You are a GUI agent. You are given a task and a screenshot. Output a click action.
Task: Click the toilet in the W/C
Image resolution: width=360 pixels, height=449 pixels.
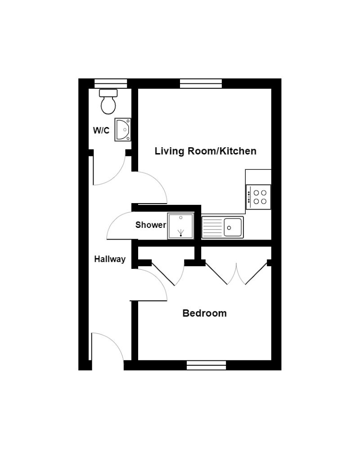pos(108,101)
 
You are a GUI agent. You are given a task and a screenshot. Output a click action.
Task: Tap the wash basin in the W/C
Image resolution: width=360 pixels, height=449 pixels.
pos(123,130)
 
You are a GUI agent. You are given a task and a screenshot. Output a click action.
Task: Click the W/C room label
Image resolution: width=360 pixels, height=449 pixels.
pos(101,131)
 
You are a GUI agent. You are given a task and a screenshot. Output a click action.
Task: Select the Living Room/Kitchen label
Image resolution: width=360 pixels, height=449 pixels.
pos(205,151)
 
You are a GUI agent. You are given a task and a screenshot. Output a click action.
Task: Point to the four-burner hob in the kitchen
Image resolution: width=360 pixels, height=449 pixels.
pos(259,197)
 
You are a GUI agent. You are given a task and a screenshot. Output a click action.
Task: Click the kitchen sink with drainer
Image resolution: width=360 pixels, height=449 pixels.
pos(222,227)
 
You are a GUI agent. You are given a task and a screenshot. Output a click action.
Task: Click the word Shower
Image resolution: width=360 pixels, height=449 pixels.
pos(151,225)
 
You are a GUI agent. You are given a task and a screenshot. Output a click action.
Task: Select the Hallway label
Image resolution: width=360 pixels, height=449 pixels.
pos(109,259)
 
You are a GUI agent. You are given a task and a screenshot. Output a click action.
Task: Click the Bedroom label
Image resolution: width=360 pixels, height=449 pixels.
pos(204,313)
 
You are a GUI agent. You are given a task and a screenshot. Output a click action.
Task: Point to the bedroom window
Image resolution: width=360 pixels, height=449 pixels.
pos(206,365)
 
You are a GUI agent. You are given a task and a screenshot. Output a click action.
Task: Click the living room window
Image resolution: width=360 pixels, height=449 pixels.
pos(201,83)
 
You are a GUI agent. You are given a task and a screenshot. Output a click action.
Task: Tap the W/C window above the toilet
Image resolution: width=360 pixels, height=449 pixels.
pos(111,83)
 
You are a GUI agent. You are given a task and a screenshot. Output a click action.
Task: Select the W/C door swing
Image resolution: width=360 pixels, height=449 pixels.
pos(108,171)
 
